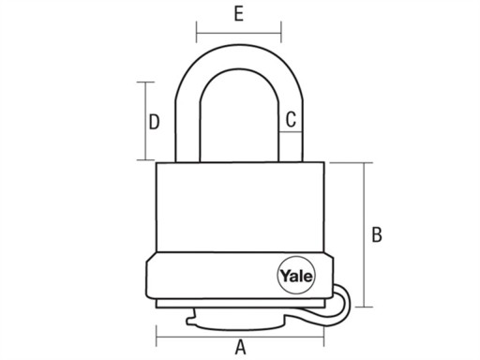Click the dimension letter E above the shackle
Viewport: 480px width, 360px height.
pyautogui.click(x=239, y=14)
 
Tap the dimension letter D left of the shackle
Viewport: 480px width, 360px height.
pyautogui.click(x=154, y=122)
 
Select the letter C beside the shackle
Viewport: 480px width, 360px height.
pyautogui.click(x=291, y=119)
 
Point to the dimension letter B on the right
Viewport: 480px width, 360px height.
pyautogui.click(x=377, y=234)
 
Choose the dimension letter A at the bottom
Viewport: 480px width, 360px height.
pyautogui.click(x=240, y=347)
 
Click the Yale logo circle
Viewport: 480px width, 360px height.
pyautogui.click(x=296, y=276)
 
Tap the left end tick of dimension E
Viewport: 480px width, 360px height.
pyautogui.click(x=197, y=32)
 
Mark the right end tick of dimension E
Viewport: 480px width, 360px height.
pyautogui.click(x=281, y=32)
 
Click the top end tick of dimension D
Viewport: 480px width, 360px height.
pyautogui.click(x=145, y=82)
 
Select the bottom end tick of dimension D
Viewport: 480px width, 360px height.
pyautogui.click(x=145, y=160)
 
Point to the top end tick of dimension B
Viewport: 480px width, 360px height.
pyautogui.click(x=364, y=163)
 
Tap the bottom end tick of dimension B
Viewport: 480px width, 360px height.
pyautogui.click(x=364, y=307)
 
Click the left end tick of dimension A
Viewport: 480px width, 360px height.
pyautogui.click(x=157, y=337)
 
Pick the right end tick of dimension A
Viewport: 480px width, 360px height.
pyautogui.click(x=323, y=337)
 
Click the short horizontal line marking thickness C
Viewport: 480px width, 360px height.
pyautogui.click(x=291, y=132)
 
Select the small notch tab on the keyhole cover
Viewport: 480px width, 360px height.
pyautogui.click(x=191, y=321)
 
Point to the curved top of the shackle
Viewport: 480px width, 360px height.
pyautogui.click(x=239, y=57)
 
